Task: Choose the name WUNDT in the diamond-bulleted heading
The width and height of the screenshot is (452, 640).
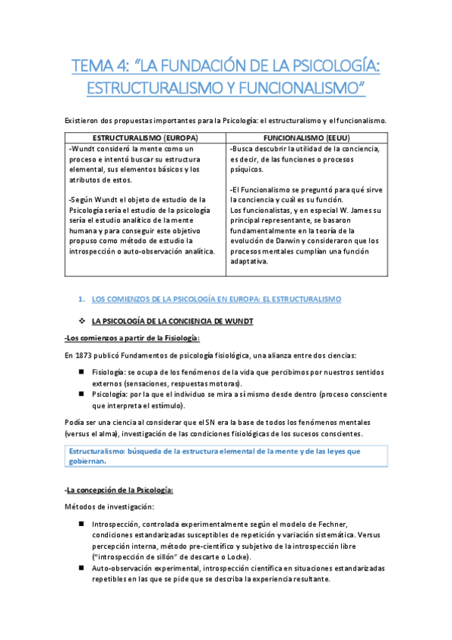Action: (236, 321)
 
